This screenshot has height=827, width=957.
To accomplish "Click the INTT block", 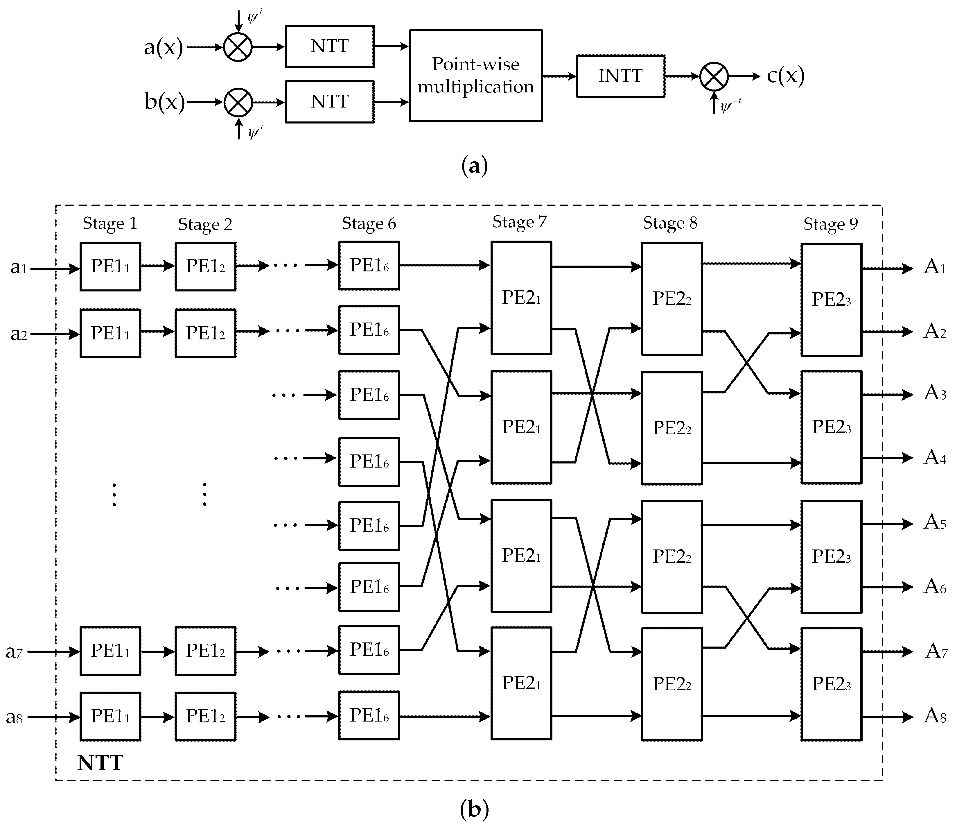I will point(620,76).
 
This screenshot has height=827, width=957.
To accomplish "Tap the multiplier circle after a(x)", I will point(238,47).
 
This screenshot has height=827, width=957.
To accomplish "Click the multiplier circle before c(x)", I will point(714,76).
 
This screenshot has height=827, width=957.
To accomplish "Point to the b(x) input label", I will point(164,102).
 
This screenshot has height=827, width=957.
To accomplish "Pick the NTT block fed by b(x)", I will point(329,102).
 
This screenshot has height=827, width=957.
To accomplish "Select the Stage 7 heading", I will point(520,222).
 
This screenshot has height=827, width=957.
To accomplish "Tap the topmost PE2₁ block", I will point(521,298).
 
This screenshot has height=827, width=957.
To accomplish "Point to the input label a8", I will point(14,717).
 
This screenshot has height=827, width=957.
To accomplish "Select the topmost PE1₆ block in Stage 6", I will point(369,266).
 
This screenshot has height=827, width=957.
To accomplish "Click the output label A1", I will point(935,267).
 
